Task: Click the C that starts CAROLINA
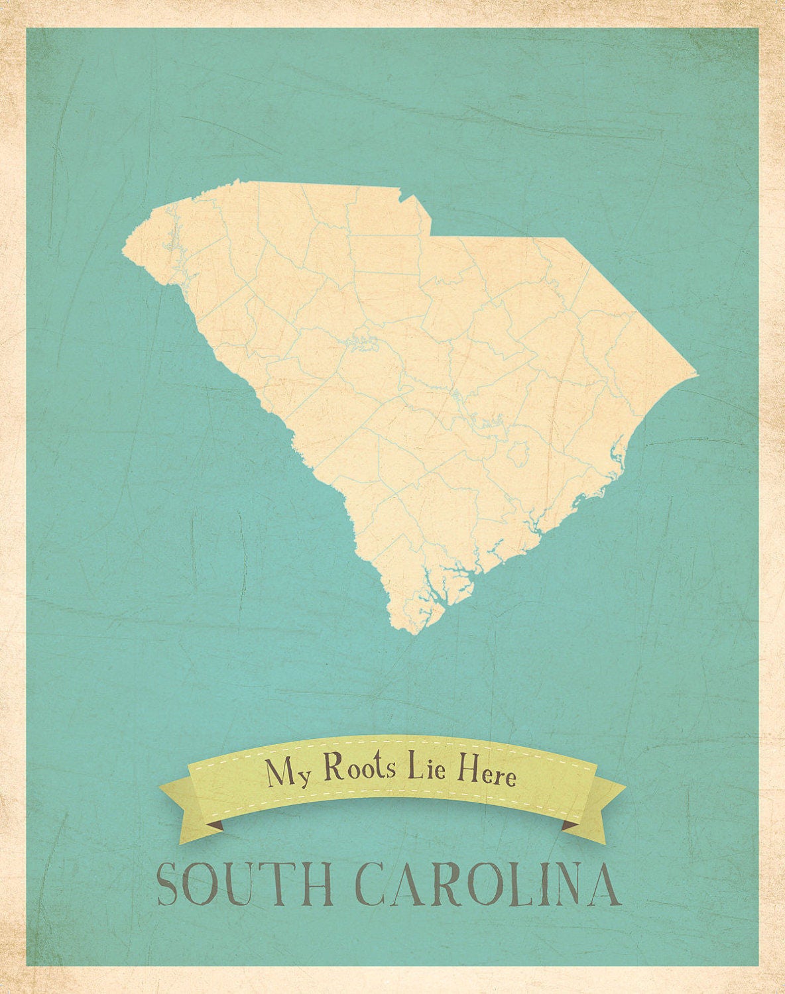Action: point(375,884)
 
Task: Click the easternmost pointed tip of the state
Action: point(697,374)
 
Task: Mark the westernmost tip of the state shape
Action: point(123,250)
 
